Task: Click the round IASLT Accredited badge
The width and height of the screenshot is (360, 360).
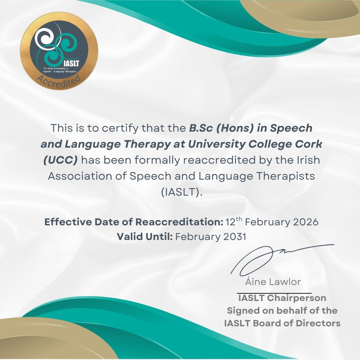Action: click(x=59, y=51)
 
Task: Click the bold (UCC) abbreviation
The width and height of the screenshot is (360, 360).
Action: click(x=60, y=160)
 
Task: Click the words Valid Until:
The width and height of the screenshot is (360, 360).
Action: click(x=144, y=237)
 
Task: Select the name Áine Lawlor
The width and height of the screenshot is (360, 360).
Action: click(x=273, y=282)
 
